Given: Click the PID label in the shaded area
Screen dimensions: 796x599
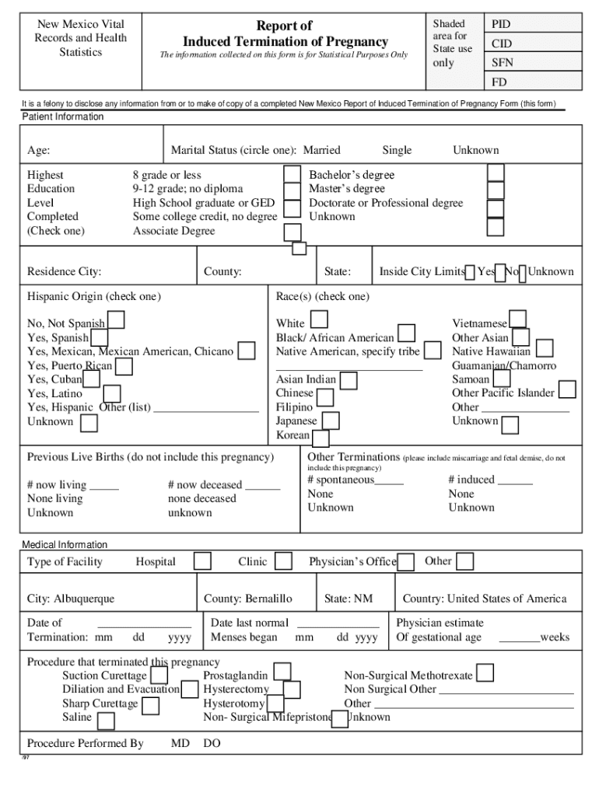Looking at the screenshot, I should (501, 25).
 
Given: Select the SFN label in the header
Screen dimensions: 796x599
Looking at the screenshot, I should (502, 63).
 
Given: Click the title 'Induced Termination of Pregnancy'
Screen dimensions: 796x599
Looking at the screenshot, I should (285, 41).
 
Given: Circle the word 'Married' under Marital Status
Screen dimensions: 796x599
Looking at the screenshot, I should (321, 150).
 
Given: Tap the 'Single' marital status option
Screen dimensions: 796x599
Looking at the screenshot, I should (397, 150).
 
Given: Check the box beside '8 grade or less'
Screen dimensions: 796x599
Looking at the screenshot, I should (292, 174).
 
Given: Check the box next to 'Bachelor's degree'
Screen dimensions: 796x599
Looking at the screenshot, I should (496, 173).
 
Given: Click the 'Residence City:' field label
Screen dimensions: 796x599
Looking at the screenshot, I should (65, 272).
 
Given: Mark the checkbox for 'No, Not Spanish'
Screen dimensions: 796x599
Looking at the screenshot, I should (116, 319).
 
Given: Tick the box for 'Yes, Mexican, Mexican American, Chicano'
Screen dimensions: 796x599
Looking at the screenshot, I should (247, 351).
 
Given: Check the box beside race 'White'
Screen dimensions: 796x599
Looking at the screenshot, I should (319, 319).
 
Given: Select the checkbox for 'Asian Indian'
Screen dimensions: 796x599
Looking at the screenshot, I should (349, 380).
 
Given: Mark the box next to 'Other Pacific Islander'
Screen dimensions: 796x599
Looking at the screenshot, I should (567, 389).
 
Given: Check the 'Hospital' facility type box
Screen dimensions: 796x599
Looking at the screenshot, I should (202, 561).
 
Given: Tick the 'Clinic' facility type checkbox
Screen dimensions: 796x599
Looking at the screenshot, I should (284, 561).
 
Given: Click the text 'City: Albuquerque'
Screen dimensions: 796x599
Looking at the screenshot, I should (71, 599).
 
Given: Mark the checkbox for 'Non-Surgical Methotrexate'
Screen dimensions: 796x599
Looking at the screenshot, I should (485, 673).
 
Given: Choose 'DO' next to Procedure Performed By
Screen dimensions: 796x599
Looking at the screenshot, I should (212, 744).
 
